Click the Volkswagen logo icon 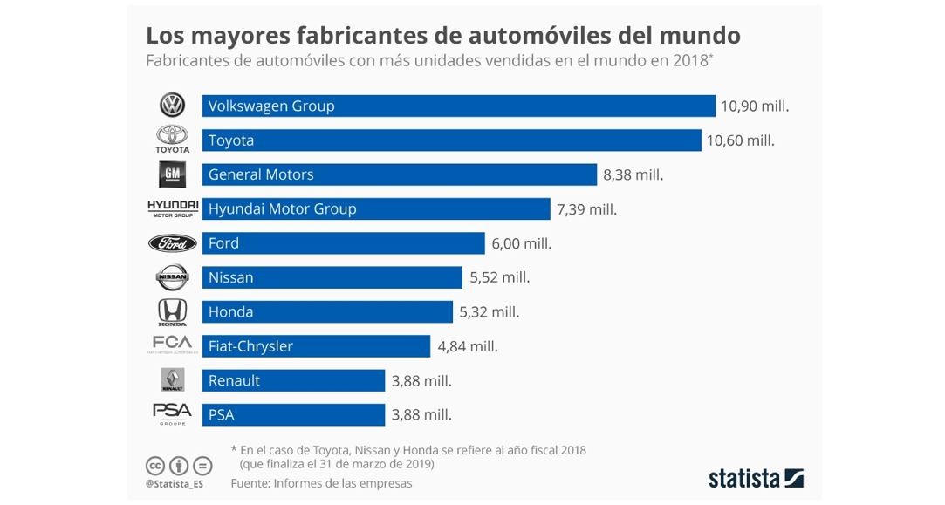172,106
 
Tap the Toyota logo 172,138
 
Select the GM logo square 172,174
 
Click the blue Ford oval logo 172,243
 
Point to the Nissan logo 172,277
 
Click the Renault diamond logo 172,379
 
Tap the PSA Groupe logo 172,413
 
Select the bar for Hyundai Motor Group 376,209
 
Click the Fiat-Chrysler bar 316,346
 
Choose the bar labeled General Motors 399,174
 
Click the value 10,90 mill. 754,106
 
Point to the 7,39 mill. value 586,209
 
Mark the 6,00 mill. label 521,243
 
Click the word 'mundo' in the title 691,36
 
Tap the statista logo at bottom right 755,478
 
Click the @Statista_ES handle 175,483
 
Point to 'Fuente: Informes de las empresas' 321,483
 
